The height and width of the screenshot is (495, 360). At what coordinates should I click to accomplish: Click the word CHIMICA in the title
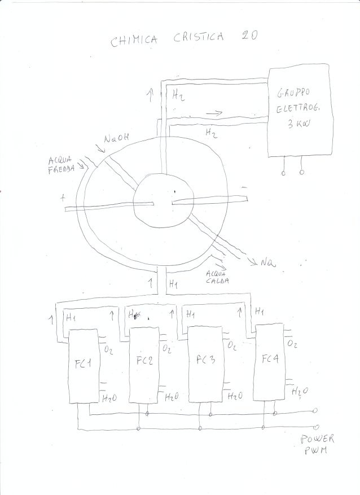coord(131,40)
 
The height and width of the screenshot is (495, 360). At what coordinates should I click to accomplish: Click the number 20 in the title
coord(249,35)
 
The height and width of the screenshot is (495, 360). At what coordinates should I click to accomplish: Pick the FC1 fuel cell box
coord(84,365)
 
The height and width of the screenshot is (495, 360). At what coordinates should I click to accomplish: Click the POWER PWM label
coord(317,444)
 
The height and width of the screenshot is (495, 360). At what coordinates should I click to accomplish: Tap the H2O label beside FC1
coord(109,398)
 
